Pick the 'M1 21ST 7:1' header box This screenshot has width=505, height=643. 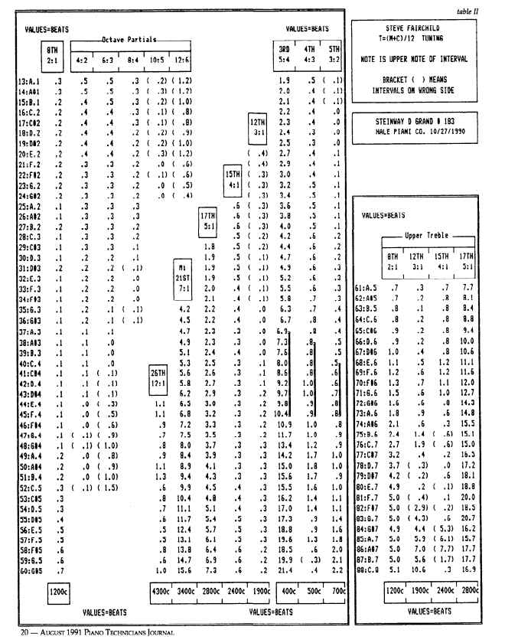point(182,269)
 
